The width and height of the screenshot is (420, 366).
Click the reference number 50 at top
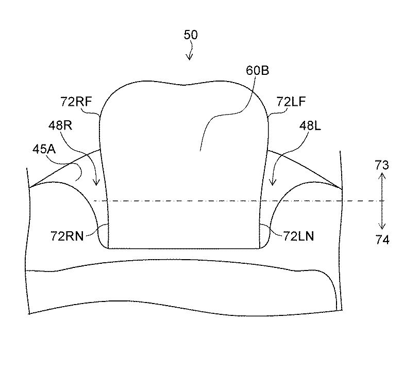191,35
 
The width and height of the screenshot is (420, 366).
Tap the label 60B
257,70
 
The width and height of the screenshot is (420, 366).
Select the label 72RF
76,101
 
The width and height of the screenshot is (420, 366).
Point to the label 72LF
291,101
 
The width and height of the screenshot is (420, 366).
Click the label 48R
60,125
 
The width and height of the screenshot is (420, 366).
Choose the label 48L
310,125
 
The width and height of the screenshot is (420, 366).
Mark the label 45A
44,149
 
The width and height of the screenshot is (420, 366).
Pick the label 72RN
67,236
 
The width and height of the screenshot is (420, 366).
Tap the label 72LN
298,236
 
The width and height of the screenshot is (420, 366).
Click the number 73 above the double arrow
382,165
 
